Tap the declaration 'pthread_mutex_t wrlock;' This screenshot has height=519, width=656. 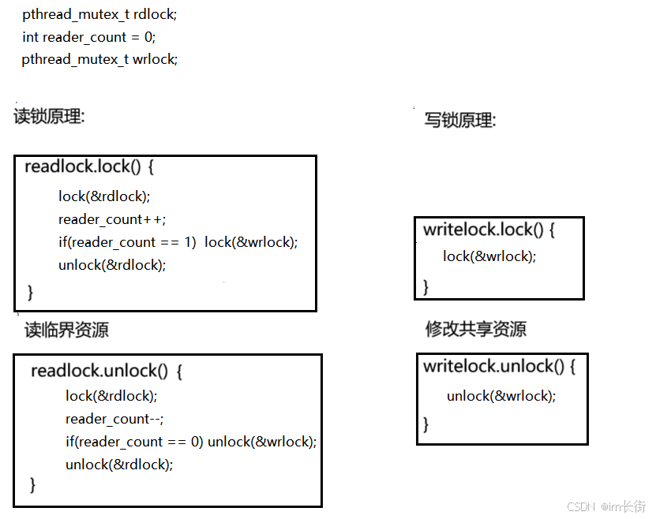(99, 59)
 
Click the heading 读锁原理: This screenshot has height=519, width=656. (49, 117)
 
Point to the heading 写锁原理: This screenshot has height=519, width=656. (459, 121)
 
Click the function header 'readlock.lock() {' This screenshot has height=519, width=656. (88, 167)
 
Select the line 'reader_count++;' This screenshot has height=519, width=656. (111, 219)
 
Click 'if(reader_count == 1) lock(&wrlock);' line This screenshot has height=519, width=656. (178, 242)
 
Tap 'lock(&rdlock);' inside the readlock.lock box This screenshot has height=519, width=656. (103, 196)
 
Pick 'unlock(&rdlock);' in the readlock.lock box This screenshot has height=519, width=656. (111, 265)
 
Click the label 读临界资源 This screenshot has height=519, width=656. (67, 330)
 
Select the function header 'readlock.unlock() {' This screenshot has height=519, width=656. (107, 371)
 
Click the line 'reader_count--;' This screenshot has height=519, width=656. (114, 419)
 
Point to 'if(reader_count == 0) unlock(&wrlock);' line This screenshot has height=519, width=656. (190, 442)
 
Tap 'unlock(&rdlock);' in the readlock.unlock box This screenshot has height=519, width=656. (118, 465)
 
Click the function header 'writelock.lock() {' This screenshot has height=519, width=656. (489, 230)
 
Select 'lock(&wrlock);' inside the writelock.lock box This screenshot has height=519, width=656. (489, 256)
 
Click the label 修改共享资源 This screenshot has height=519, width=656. (476, 329)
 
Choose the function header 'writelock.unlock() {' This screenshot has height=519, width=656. (499, 366)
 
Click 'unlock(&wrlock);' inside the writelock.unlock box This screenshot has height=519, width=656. (500, 396)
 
